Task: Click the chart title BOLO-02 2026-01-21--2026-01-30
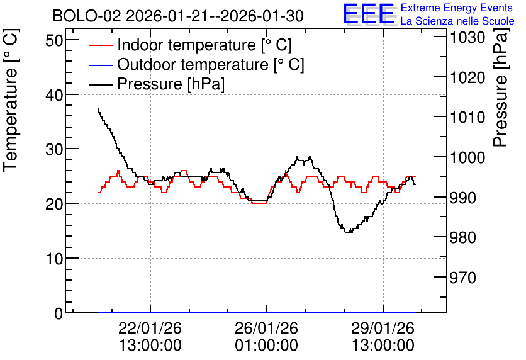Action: [178, 16]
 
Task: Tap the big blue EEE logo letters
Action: [369, 14]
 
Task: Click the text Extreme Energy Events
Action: [457, 8]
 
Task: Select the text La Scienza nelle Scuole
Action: [457, 21]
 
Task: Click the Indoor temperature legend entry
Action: [191, 45]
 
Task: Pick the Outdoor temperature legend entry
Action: [196, 64]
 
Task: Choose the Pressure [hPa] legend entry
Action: [157, 84]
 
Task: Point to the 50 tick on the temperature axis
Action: [54, 40]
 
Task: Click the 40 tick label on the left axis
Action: [54, 95]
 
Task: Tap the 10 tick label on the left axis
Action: [54, 259]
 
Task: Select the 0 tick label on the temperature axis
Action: [59, 313]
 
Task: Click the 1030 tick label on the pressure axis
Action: [467, 38]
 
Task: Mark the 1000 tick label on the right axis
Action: [467, 158]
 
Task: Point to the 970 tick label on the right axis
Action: [462, 278]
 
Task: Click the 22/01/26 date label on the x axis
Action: [150, 328]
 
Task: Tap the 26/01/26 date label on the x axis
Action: [266, 328]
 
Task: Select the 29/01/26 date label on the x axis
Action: [383, 328]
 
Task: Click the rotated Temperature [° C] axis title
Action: [11, 100]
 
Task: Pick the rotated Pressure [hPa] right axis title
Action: [500, 87]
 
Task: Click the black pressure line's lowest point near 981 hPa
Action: [348, 232]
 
